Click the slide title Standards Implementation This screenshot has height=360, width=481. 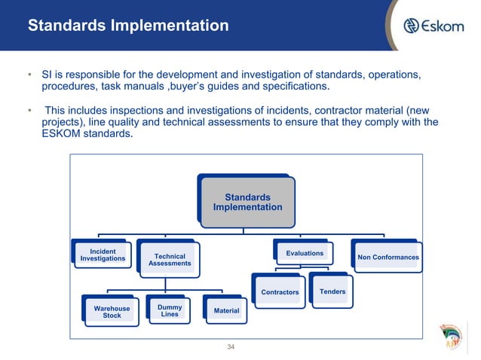[128, 26]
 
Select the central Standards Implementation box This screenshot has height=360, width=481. [247, 202]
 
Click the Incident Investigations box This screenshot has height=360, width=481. [103, 256]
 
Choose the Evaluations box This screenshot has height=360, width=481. [305, 254]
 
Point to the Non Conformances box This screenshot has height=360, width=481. [388, 257]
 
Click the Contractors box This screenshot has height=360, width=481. [280, 291]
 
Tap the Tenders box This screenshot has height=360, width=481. [332, 291]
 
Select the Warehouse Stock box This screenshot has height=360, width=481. [112, 312]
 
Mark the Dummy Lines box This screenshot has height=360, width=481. [170, 310]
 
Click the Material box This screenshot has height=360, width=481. [226, 310]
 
